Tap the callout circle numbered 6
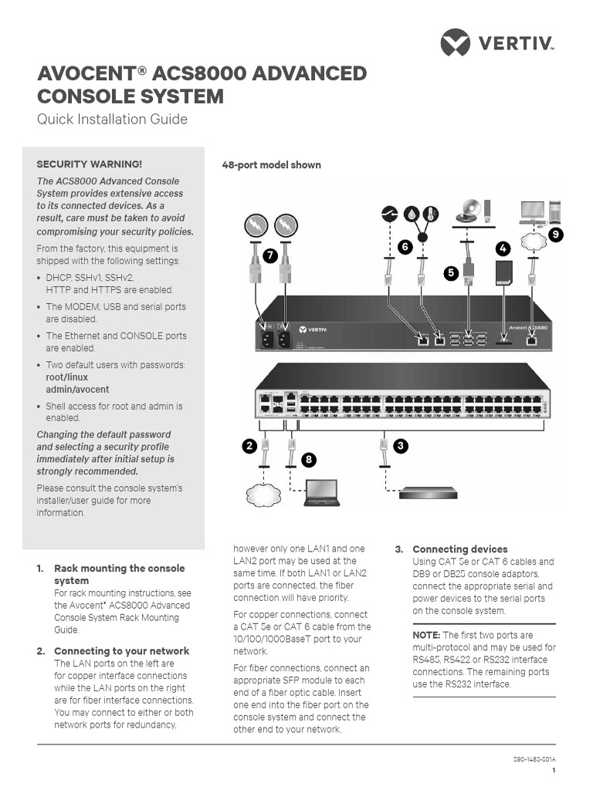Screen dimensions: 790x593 (404, 246)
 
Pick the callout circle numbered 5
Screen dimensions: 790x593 (451, 272)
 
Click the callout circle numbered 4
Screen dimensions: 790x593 (503, 248)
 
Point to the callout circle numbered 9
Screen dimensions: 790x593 (555, 233)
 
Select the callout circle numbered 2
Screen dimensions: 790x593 (249, 445)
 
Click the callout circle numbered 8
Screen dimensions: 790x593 (309, 460)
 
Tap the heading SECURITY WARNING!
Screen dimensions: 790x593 (90, 164)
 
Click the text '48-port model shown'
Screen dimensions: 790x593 (271, 165)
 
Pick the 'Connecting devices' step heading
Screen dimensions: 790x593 (460, 549)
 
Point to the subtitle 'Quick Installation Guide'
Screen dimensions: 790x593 (113, 120)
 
